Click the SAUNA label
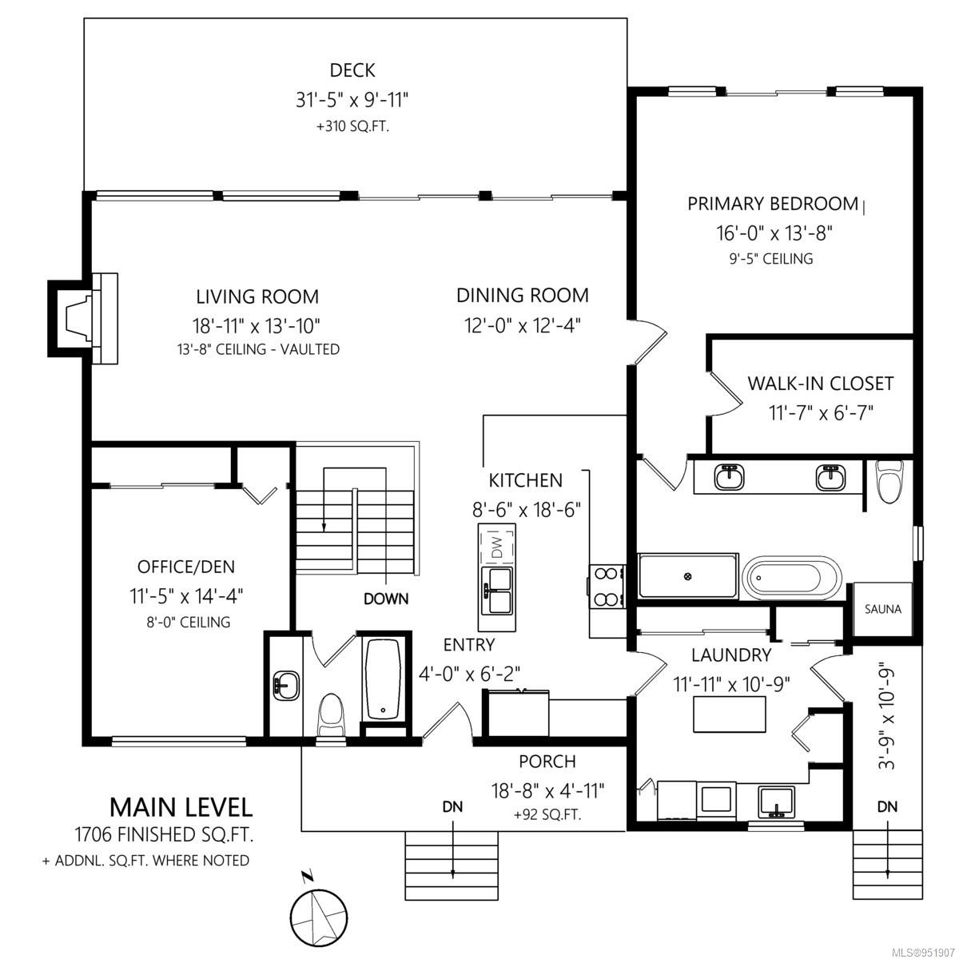882,609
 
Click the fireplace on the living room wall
83,319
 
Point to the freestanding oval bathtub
791,579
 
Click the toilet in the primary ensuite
889,481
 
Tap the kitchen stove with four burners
607,587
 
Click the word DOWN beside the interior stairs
386,599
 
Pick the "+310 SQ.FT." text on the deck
352,127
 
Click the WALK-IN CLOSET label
820,384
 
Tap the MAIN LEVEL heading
181,807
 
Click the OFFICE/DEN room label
185,567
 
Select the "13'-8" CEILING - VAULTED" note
258,349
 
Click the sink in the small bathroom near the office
286,686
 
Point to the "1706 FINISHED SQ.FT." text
164,834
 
